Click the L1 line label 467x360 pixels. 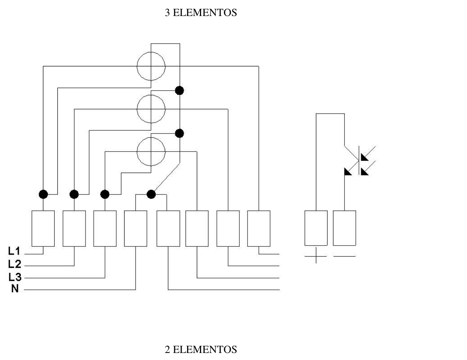point(14,251)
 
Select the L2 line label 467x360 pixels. point(14,264)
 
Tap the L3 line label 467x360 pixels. point(14,277)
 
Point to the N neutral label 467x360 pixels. point(15,289)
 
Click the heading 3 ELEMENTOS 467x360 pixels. point(201,12)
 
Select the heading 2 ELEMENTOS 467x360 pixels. point(201,349)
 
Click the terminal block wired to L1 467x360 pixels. point(43,229)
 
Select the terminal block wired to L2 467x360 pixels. point(74,229)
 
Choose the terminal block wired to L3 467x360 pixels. point(105,229)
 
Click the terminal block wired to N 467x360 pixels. point(135,229)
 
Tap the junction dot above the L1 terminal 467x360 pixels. point(43,194)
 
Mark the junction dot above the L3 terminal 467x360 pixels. point(105,194)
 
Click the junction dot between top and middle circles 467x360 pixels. point(179,90)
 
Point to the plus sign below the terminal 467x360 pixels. point(316,256)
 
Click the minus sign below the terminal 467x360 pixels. point(345,256)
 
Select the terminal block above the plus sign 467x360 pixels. point(316,228)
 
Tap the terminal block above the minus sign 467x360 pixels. point(345,228)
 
